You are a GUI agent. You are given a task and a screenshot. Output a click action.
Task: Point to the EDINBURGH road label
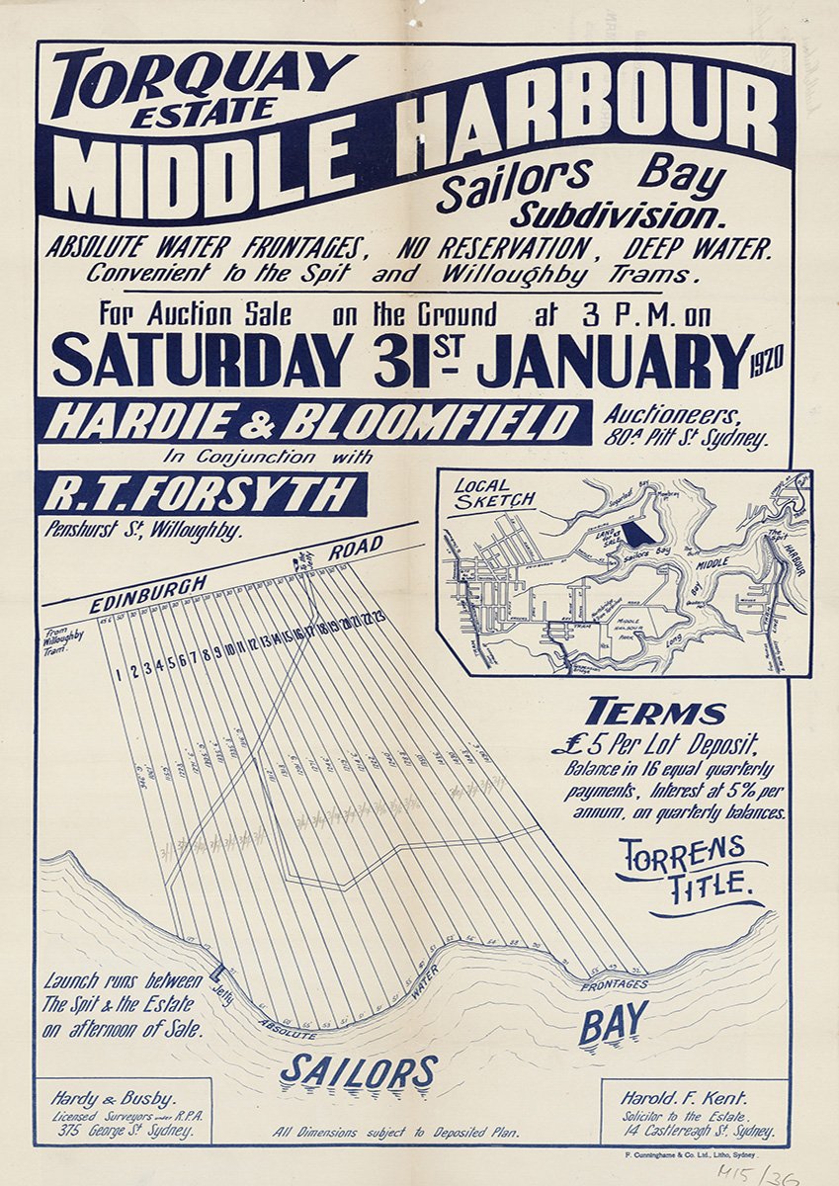tap(148, 593)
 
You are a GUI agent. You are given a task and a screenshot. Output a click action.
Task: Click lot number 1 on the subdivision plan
tap(119, 675)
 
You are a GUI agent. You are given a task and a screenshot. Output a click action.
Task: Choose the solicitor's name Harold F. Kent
tap(689, 1097)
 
